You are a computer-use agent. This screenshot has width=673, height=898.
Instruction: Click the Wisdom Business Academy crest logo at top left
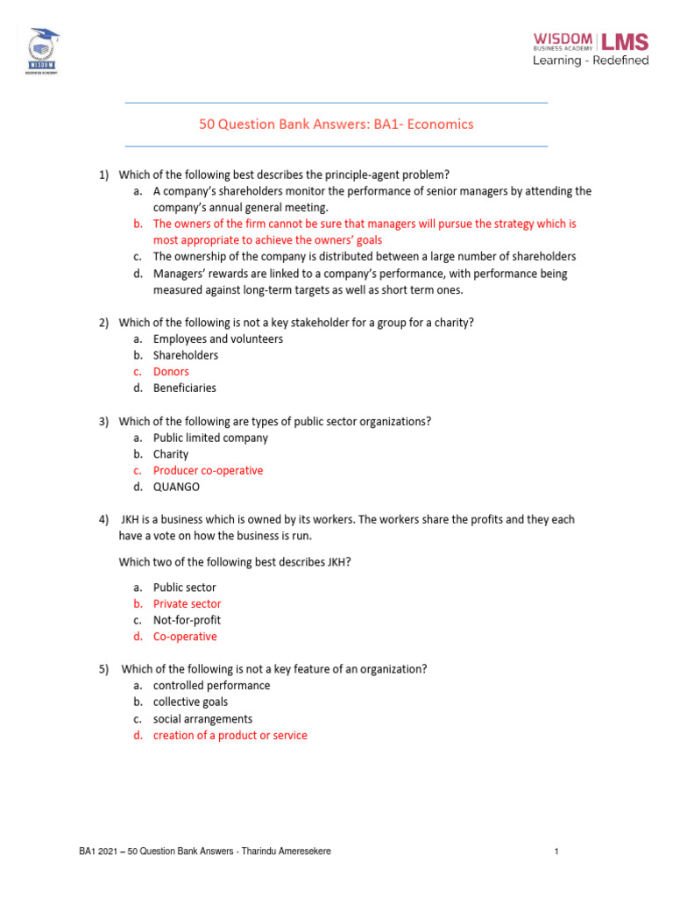(44, 50)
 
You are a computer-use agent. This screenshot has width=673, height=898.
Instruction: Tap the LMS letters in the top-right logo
(623, 41)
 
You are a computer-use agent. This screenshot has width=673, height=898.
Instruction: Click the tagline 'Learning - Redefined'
(592, 61)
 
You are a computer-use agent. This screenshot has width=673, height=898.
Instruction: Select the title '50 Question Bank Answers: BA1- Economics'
(336, 125)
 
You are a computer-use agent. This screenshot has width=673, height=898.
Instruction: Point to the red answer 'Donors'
(171, 372)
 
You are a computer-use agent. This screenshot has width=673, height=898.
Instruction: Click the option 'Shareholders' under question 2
(186, 355)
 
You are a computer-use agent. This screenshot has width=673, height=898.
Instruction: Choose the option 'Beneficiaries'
(185, 388)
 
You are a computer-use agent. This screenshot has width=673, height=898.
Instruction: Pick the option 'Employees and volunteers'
(218, 339)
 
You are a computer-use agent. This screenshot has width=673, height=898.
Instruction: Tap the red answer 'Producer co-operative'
(208, 471)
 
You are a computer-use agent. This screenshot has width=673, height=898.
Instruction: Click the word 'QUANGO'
(176, 487)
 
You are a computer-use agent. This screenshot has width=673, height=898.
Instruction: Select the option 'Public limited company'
(210, 438)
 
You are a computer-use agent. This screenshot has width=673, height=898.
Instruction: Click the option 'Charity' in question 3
(171, 454)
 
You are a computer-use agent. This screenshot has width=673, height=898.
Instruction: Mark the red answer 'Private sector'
(188, 603)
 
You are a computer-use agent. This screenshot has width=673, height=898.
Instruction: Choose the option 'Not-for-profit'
(187, 620)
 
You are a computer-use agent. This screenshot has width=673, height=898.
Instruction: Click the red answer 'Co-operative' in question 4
(185, 637)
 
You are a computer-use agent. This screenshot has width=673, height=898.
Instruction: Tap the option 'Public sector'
(184, 588)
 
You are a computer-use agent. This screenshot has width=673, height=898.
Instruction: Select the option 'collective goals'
(190, 702)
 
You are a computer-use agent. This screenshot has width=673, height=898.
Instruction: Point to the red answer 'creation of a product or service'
(230, 735)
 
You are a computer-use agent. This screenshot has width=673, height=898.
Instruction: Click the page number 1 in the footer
(556, 852)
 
